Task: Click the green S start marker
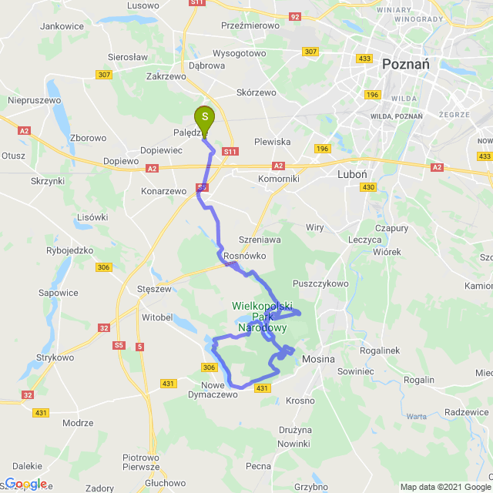tap(205, 119)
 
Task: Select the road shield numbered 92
tap(295, 15)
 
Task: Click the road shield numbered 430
tap(368, 187)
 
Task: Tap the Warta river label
tap(417, 417)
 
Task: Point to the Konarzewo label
tap(163, 191)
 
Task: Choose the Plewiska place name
tap(272, 142)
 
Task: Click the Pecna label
tap(258, 466)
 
